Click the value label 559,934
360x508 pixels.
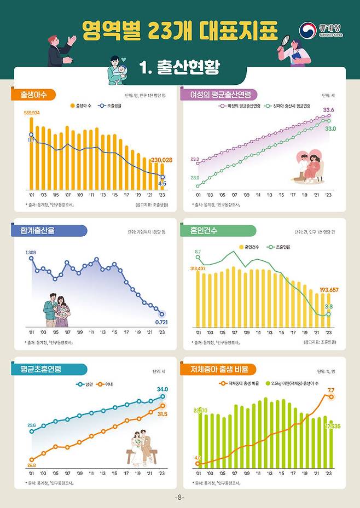click(x=32, y=112)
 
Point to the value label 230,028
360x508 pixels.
click(x=161, y=160)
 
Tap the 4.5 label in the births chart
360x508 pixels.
click(x=162, y=184)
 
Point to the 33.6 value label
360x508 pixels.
click(x=328, y=110)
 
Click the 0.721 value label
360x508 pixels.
click(x=161, y=323)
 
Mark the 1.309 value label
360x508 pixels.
click(x=31, y=252)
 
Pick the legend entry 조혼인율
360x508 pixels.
click(x=281, y=247)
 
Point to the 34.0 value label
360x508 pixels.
click(x=162, y=389)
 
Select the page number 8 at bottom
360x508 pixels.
click(x=180, y=498)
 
